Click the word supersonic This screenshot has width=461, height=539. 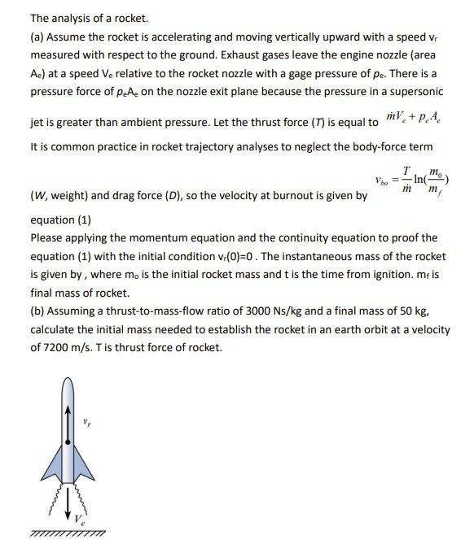click(x=419, y=90)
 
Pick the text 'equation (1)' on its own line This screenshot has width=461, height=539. click(x=60, y=220)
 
